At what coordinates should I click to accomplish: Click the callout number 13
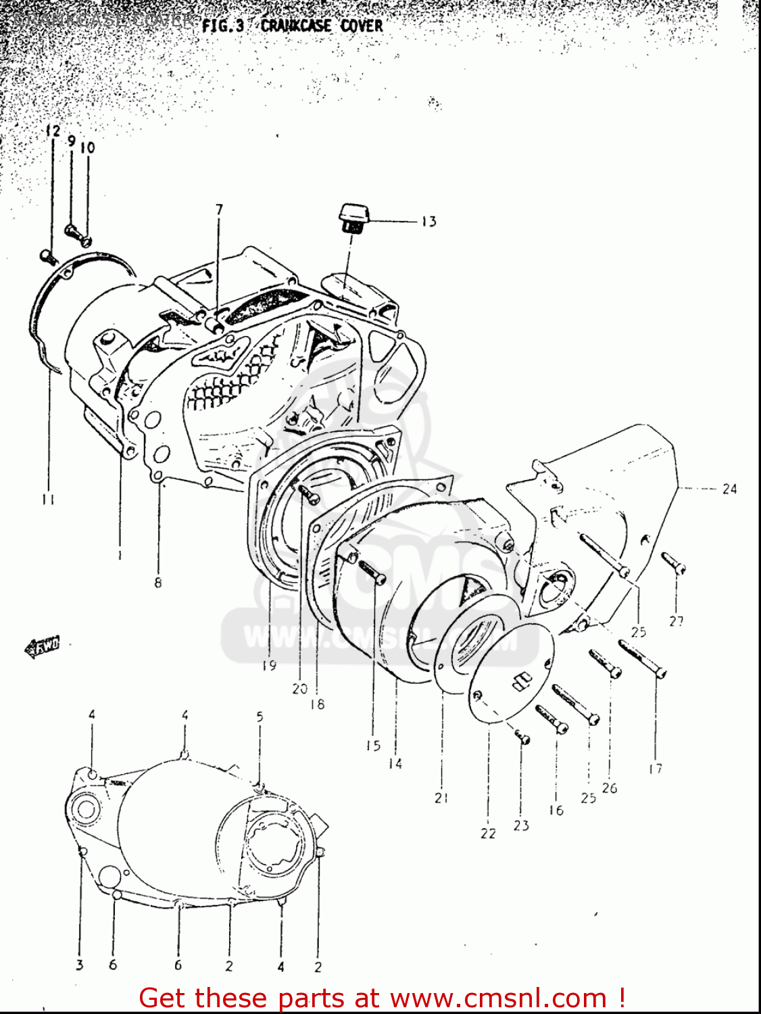tap(429, 221)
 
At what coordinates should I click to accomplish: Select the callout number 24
tap(729, 488)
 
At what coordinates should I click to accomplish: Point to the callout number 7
tap(219, 210)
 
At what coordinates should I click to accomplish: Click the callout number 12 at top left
tap(53, 131)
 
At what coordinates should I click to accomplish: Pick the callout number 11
tap(47, 500)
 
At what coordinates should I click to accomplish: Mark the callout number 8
tap(158, 582)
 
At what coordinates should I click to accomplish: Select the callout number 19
tap(269, 665)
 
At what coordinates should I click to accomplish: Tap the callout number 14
tap(395, 763)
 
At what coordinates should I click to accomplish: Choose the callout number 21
tap(441, 798)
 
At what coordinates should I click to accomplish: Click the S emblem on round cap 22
tap(520, 681)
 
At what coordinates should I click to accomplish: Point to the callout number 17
tap(655, 768)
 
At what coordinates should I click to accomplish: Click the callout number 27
tap(677, 621)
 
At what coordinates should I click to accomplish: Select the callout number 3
tap(80, 965)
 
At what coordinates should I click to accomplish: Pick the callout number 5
tap(260, 716)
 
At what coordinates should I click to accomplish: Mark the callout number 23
tap(521, 825)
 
